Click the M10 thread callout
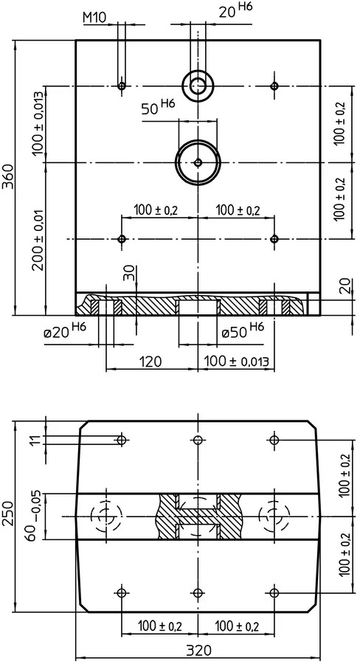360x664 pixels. [x=94, y=18]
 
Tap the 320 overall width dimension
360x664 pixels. [x=198, y=651]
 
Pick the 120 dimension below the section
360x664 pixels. [x=150, y=362]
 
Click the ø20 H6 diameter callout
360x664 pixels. [x=65, y=331]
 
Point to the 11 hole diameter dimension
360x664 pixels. [x=38, y=440]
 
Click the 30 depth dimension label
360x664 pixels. [x=130, y=273]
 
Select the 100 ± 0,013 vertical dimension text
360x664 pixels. [x=38, y=122]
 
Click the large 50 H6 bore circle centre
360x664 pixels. [x=198, y=162]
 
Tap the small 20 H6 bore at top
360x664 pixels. [x=198, y=86]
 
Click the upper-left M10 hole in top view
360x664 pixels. [x=122, y=86]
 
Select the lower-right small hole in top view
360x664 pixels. [x=274, y=239]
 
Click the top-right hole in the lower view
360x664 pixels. [x=274, y=440]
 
